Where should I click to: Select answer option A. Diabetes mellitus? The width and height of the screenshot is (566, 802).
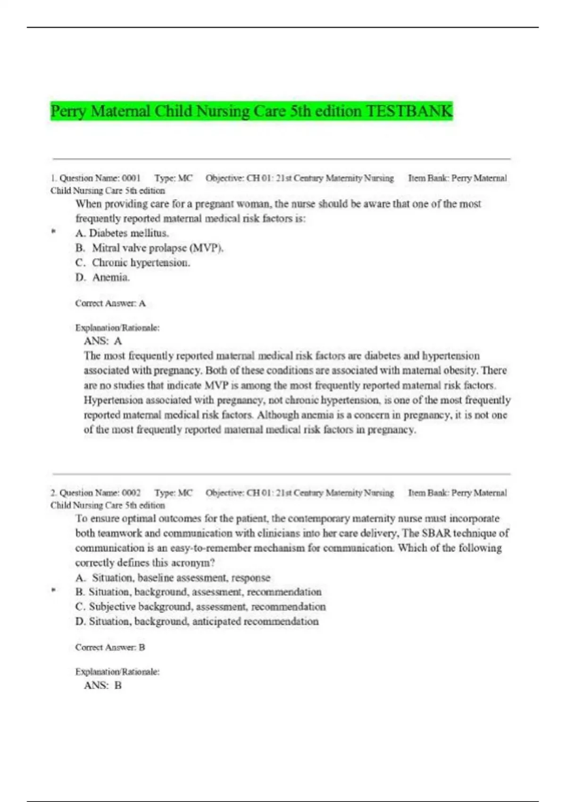tap(122, 233)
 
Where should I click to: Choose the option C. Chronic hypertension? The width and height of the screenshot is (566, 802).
tap(133, 262)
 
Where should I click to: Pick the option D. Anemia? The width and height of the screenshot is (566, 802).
tap(102, 277)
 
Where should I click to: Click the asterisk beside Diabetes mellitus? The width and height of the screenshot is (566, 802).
tap(54, 232)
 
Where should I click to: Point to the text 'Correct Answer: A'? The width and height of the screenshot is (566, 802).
tap(110, 303)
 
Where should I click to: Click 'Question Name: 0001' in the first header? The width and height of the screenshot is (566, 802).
tap(100, 178)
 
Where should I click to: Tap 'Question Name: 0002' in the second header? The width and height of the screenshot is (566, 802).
tap(100, 493)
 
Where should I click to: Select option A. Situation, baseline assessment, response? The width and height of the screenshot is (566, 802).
tap(173, 577)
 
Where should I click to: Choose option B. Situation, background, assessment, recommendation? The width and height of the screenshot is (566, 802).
tap(198, 592)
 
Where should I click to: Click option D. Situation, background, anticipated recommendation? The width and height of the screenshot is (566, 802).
tap(197, 621)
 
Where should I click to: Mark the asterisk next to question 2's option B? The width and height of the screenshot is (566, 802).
tap(54, 590)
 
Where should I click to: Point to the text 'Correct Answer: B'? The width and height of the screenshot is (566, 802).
tap(110, 647)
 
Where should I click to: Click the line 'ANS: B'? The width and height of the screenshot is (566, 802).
tap(103, 685)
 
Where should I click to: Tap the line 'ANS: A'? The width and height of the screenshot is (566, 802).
tap(103, 341)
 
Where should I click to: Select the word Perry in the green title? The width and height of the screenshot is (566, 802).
tap(68, 111)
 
